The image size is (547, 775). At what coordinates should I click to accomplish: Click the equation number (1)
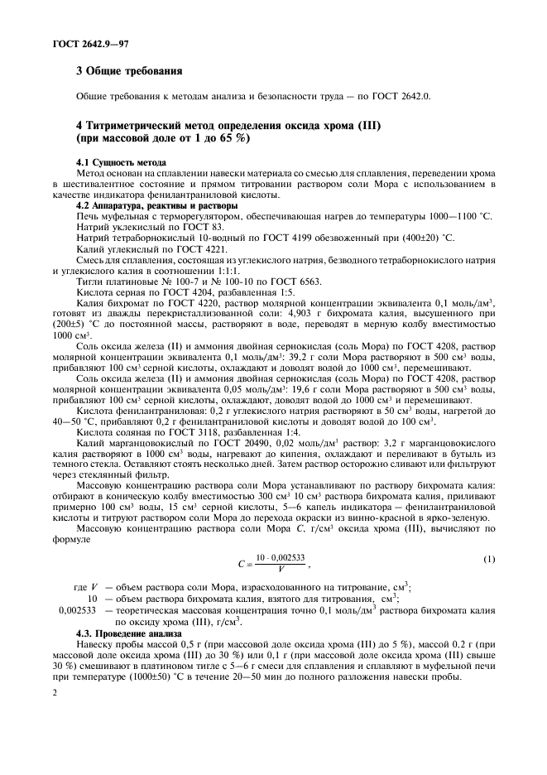coord(488,561)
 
